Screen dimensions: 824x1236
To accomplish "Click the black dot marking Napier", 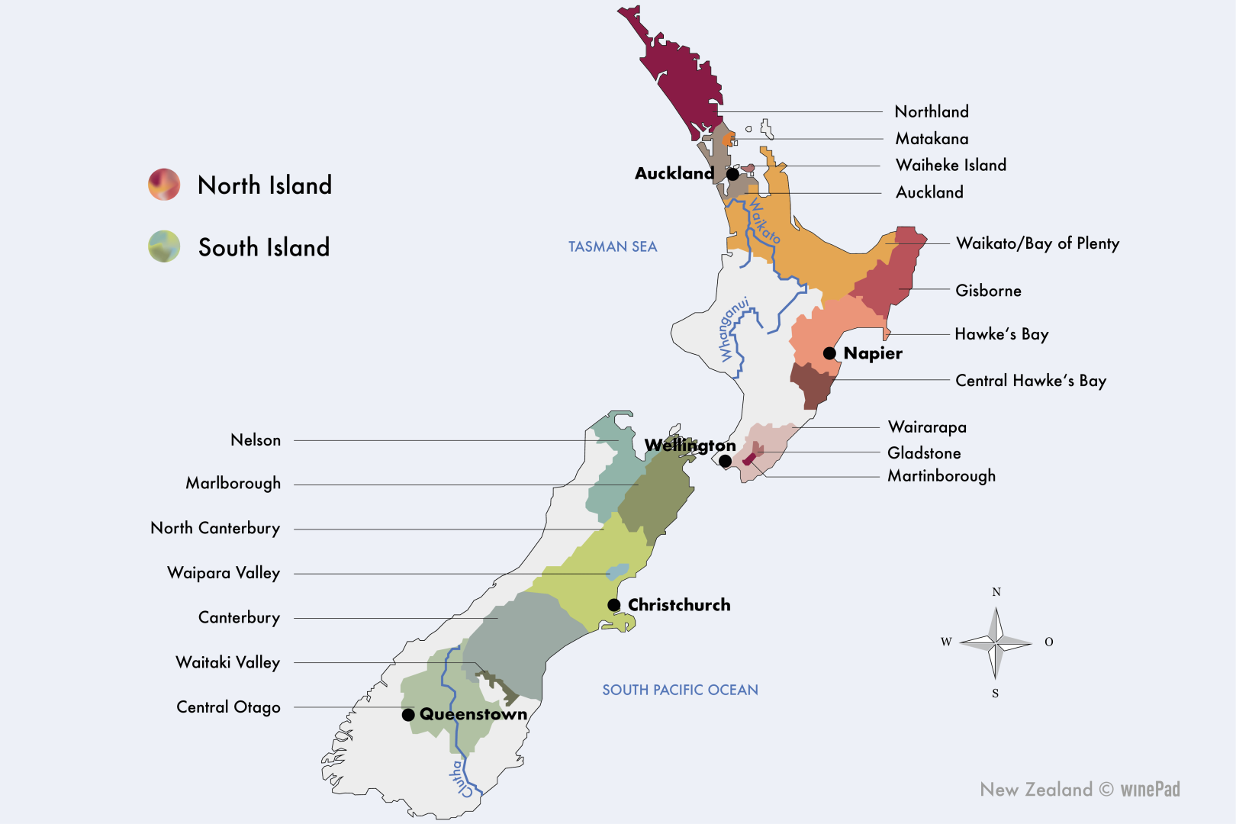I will point(829,353).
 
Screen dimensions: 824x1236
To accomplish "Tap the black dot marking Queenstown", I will point(408,715).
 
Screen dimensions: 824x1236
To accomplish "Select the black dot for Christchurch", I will point(614,605).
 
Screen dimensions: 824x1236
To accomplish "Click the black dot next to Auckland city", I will point(732,174).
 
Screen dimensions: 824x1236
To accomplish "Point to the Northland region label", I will point(932,112).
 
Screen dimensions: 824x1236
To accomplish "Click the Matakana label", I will point(932,139).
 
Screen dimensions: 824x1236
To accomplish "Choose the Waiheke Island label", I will point(951,166).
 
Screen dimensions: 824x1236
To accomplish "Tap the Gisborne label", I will point(988,291).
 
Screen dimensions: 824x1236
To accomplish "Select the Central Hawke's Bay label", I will point(1031,381).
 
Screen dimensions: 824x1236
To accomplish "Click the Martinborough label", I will point(941,476).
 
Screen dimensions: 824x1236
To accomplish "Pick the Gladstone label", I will point(924,453).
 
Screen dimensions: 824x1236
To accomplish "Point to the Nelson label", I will point(256,440).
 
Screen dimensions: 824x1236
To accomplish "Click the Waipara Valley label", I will point(224,573).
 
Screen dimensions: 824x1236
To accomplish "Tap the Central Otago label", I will point(228,707).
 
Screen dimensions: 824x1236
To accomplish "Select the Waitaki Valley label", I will point(227,662).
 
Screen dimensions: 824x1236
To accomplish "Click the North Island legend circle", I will point(164,185).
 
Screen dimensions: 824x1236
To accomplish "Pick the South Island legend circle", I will point(164,246).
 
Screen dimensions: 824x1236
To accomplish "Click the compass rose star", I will point(996,643).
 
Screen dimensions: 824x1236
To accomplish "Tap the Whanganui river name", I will point(732,330).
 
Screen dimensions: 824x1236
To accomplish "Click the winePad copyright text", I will point(1080,790).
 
